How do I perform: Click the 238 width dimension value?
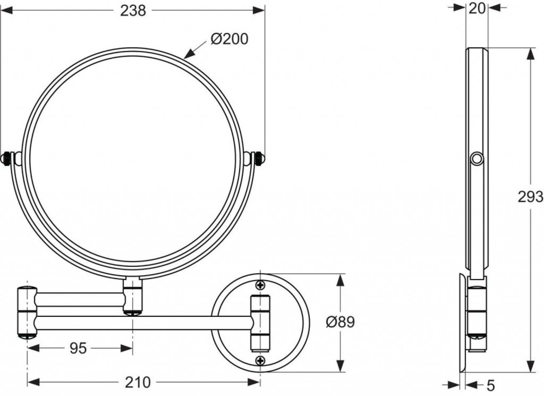pyautogui.click(x=133, y=11)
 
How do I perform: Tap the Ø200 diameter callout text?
pyautogui.click(x=229, y=39)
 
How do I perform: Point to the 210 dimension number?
pyautogui.click(x=138, y=383)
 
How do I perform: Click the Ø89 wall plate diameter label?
pyautogui.click(x=341, y=322)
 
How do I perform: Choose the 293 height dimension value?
pyautogui.click(x=531, y=197)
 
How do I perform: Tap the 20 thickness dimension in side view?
pyautogui.click(x=477, y=9)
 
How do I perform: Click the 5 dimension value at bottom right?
pyautogui.click(x=490, y=384)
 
